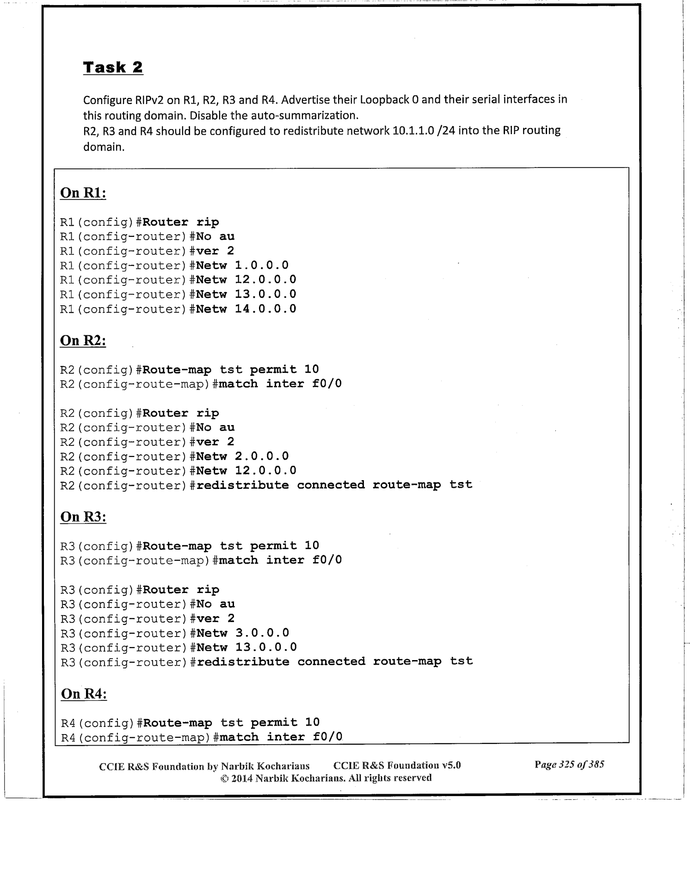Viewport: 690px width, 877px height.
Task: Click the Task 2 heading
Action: pyautogui.click(x=113, y=68)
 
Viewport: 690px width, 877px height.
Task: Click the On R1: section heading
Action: pyautogui.click(x=83, y=193)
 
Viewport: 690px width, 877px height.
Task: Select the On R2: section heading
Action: pyautogui.click(x=83, y=341)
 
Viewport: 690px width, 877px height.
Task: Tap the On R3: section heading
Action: pyautogui.click(x=83, y=517)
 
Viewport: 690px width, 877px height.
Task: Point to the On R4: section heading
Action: pyautogui.click(x=84, y=694)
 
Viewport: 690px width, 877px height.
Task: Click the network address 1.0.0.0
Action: pyautogui.click(x=262, y=266)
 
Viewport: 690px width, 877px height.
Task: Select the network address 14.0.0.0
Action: pyautogui.click(x=265, y=309)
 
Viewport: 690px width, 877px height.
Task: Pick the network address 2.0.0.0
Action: pyautogui.click(x=262, y=457)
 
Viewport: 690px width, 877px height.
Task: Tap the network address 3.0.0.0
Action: pyautogui.click(x=262, y=633)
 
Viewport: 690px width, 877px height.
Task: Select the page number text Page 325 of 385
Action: pyautogui.click(x=569, y=764)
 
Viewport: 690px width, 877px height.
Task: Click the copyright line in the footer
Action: pyautogui.click(x=326, y=778)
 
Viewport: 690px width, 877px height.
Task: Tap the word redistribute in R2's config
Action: pyautogui.click(x=242, y=485)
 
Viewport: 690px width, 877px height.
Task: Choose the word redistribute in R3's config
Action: pyautogui.click(x=243, y=662)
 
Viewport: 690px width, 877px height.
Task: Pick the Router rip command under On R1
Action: pyautogui.click(x=181, y=222)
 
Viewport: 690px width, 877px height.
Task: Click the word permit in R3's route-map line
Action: pyautogui.click(x=273, y=546)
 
